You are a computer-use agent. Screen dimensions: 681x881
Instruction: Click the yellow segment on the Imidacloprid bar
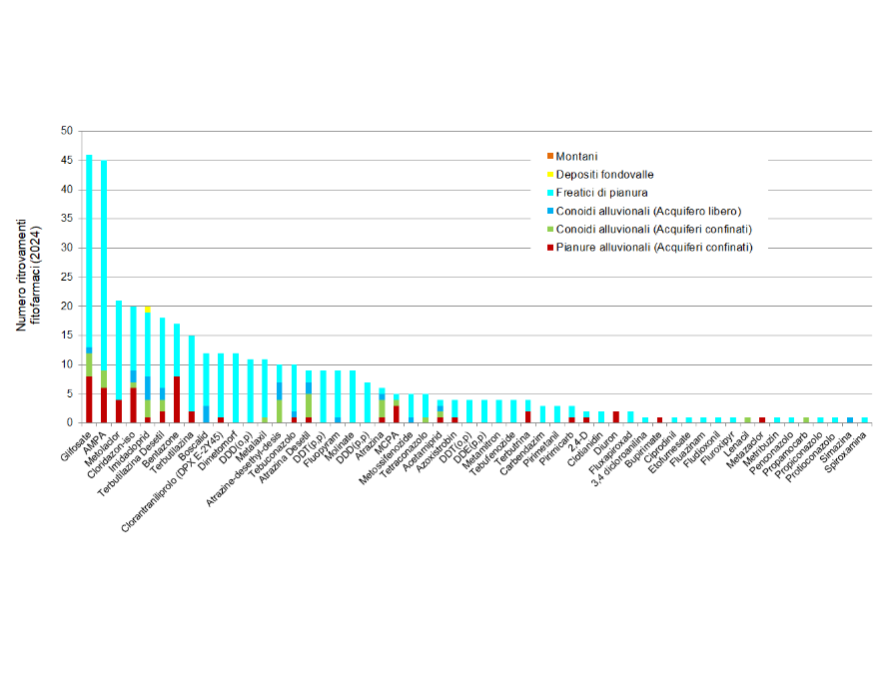148,310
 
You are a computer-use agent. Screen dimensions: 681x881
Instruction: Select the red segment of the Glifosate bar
89,399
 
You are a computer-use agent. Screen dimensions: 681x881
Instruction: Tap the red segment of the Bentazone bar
177,399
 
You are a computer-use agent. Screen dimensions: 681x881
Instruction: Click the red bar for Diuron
615,416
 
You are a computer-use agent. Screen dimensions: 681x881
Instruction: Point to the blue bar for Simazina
850,419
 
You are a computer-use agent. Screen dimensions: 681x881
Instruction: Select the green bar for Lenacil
747,419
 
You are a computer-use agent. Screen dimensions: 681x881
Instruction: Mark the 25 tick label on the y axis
67,277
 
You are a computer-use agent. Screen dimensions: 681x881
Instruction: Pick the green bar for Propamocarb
806,419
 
